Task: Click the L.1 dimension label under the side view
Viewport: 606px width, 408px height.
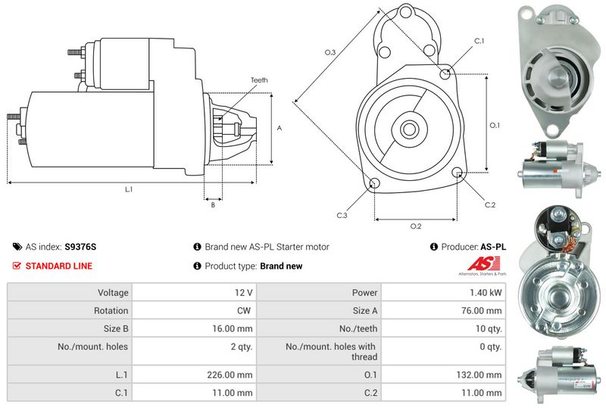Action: pyautogui.click(x=129, y=189)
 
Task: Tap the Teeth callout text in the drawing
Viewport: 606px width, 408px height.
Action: pyautogui.click(x=259, y=80)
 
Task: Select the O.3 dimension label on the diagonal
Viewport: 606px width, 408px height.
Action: pyautogui.click(x=330, y=51)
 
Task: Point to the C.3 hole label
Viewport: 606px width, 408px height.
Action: pyautogui.click(x=342, y=216)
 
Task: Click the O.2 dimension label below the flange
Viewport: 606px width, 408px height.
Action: pyautogui.click(x=415, y=226)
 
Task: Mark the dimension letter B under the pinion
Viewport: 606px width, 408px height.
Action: pyautogui.click(x=213, y=204)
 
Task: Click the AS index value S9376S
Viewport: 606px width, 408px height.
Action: pyautogui.click(x=81, y=247)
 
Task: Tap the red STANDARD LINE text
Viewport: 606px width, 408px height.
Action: pyautogui.click(x=59, y=266)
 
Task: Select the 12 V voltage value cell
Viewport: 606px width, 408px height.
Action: pyautogui.click(x=244, y=292)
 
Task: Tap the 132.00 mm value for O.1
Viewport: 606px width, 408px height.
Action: pyautogui.click(x=482, y=375)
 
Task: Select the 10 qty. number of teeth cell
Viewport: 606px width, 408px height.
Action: pyautogui.click(x=488, y=329)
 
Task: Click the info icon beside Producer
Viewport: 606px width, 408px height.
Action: pyautogui.click(x=434, y=247)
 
